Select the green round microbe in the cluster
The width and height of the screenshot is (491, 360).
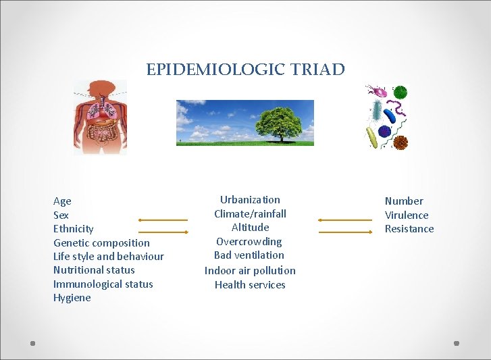tap(400, 93)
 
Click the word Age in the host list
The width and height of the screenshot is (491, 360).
tap(62, 201)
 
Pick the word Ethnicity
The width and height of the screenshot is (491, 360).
tap(74, 229)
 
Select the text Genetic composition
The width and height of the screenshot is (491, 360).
tap(101, 242)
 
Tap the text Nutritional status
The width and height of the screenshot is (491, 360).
tap(94, 270)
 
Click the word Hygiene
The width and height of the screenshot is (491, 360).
tap(72, 298)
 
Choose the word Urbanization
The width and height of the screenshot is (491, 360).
tap(250, 200)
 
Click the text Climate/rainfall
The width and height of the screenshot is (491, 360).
tap(250, 214)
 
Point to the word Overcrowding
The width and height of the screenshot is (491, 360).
tap(249, 242)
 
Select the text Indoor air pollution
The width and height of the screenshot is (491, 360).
tap(250, 271)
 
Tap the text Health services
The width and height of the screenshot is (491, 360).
tap(250, 285)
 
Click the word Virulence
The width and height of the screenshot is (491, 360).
tap(407, 215)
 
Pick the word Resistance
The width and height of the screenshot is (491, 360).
tap(409, 229)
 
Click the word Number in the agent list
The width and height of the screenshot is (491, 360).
tap(404, 201)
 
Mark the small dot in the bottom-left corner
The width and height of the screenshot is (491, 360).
tap(32, 344)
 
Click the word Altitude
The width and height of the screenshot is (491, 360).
tap(250, 228)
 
